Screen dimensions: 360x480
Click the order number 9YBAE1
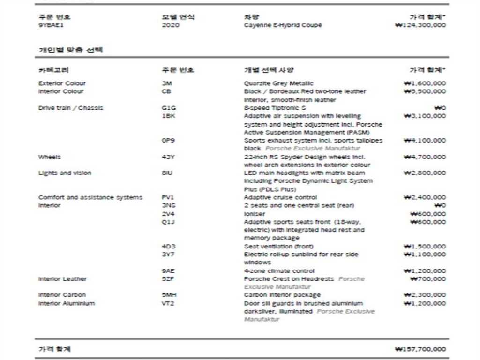51,25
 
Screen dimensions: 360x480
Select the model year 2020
170,25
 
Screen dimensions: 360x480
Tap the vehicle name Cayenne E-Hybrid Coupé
283,25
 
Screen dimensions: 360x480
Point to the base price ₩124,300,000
421,25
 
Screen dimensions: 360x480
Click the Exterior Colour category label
62,83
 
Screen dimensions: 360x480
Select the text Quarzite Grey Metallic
279,83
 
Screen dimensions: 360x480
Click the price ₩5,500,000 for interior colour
425,91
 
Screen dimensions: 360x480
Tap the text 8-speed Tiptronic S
275,108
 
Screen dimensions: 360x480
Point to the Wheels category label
49,157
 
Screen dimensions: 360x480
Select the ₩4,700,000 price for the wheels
425,157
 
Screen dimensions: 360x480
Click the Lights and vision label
65,173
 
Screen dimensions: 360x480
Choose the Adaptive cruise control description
280,197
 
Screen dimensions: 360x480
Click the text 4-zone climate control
279,271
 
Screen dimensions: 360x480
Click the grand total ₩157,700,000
421,349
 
